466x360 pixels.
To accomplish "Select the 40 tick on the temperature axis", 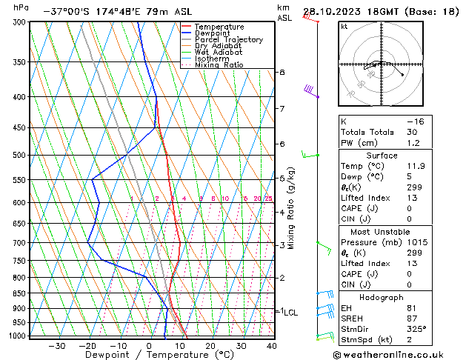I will pyautogui.click(x=272, y=346).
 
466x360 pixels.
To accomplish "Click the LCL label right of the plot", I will pyautogui.click(x=290, y=313).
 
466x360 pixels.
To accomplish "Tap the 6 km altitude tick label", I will pyautogui.click(x=282, y=144).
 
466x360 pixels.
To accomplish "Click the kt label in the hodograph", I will pyautogui.click(x=344, y=27).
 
